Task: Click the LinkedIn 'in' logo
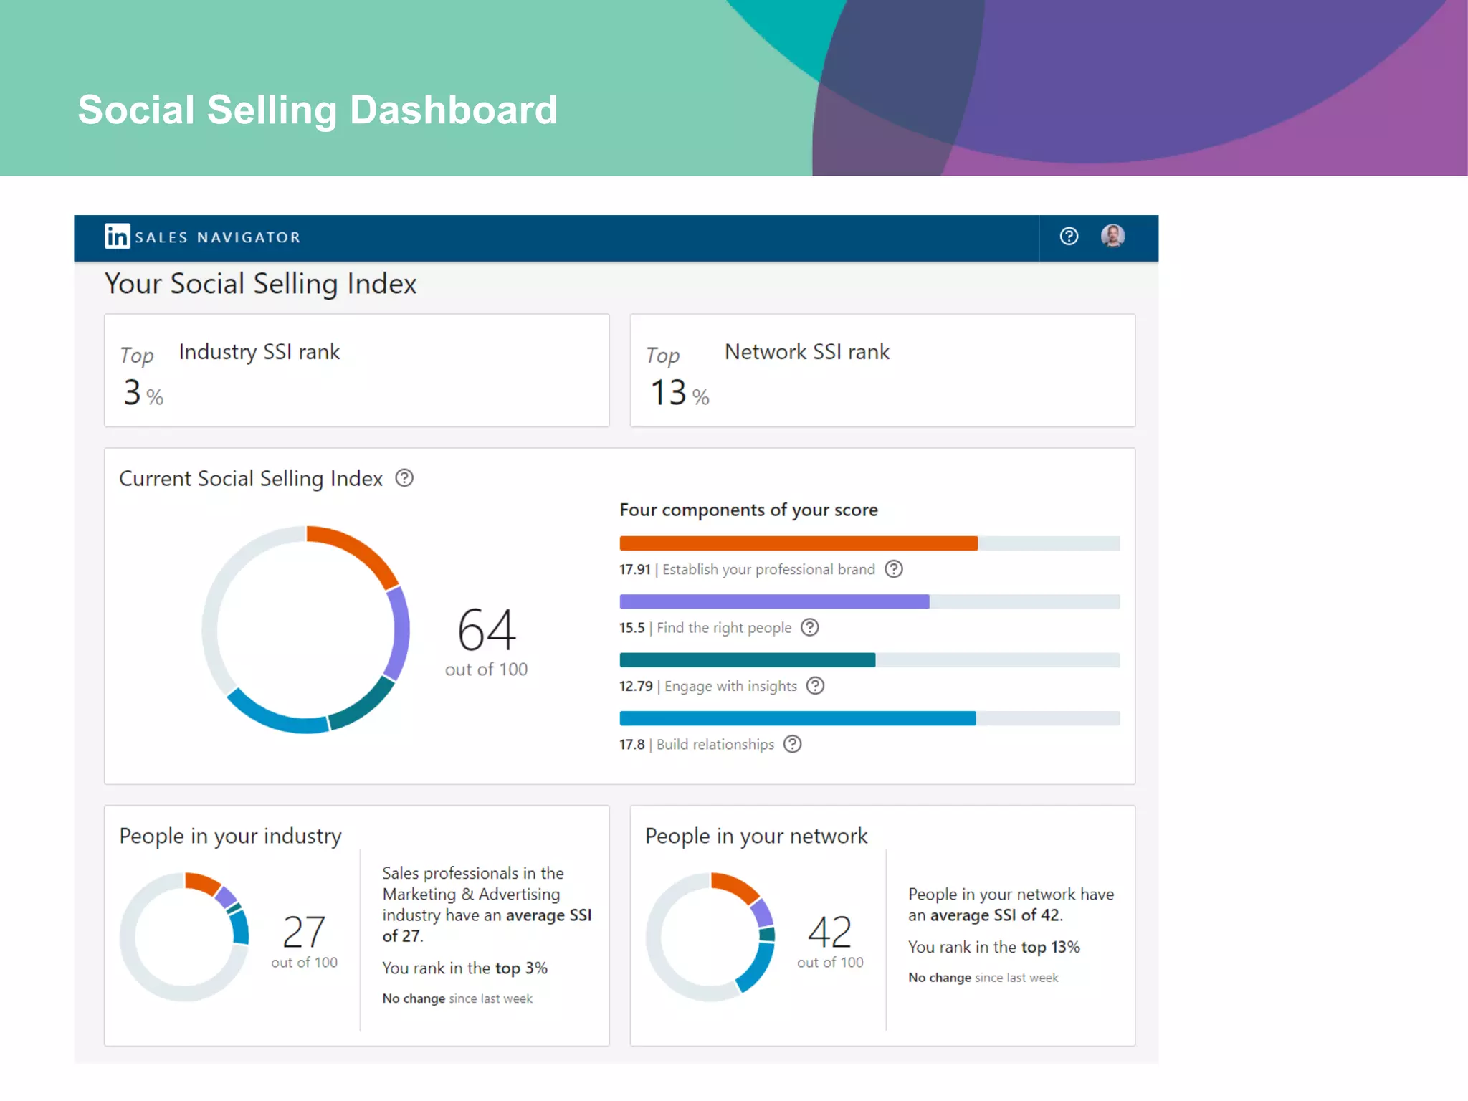117,236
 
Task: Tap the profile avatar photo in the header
1112,236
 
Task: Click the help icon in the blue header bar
1069,236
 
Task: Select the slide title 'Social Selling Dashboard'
318,110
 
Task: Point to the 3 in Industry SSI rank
133,393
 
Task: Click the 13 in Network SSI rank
668,393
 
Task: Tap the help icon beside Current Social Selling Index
404,478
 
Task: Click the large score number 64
487,629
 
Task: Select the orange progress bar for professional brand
798,543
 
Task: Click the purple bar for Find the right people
774,601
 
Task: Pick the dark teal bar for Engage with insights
747,660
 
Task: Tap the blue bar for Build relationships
797,718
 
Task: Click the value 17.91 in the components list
634,570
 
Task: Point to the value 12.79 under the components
636,687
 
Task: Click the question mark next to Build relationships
792,745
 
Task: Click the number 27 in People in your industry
304,932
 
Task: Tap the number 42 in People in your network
830,932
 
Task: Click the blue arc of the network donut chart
758,968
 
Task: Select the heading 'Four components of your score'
748,510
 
